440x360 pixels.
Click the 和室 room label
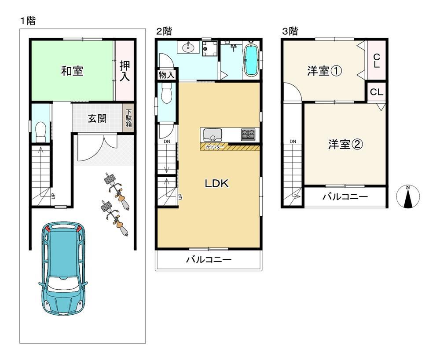(x=72, y=71)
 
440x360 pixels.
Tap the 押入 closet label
(x=125, y=71)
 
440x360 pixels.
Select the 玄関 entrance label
(x=97, y=118)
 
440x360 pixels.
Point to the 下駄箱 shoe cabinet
(x=129, y=118)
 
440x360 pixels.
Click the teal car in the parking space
(x=63, y=268)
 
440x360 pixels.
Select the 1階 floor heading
(x=28, y=21)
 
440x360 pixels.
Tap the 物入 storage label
(x=166, y=75)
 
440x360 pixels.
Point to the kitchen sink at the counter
(x=213, y=135)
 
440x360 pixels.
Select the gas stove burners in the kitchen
(x=248, y=135)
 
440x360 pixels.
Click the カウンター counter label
(x=214, y=147)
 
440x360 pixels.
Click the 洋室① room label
(x=324, y=71)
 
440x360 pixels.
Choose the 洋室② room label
(x=345, y=144)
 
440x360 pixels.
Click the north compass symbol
(x=408, y=196)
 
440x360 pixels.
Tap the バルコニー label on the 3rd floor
(x=345, y=196)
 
